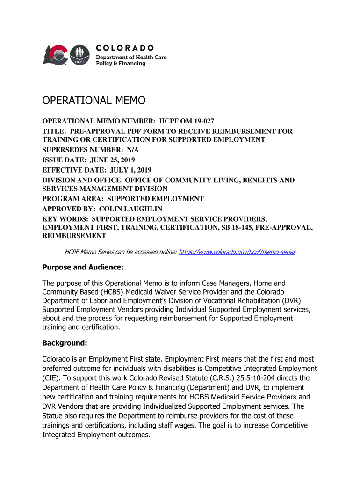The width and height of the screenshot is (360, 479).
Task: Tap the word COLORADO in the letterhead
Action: (125, 48)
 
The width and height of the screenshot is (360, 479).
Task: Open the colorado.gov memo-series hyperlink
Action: (238, 252)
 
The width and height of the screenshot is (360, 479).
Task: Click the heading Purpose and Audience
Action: (83, 268)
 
